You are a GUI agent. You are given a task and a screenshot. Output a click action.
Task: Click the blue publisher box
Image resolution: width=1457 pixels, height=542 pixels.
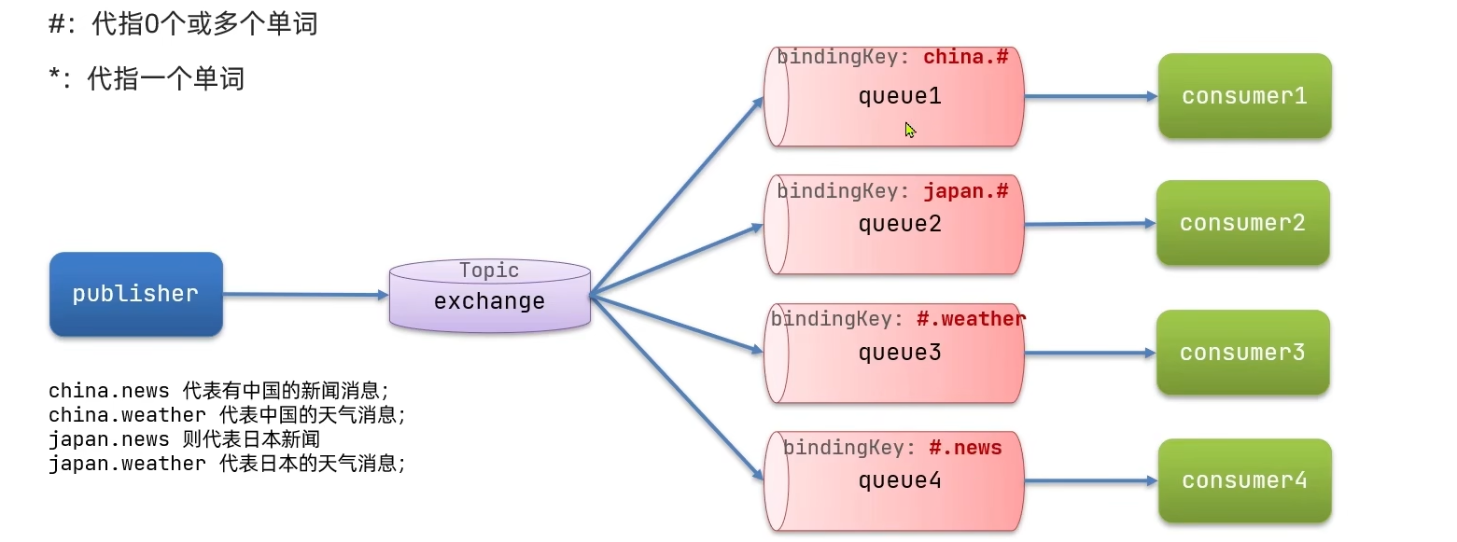pos(135,294)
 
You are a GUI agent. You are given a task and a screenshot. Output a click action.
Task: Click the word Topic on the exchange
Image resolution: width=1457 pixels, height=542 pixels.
pos(489,271)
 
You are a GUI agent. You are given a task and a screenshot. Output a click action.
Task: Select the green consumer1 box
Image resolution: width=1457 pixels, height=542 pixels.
pos(1244,96)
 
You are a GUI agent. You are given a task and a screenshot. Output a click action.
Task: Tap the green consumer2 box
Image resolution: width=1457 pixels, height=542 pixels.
pos(1242,223)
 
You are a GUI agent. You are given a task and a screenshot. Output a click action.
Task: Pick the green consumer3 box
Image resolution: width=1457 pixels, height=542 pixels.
pos(1242,353)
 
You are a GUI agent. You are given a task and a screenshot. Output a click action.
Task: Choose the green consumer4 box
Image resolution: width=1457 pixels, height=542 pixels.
pos(1244,480)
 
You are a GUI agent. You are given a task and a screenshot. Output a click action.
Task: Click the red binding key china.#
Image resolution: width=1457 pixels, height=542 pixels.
pos(966,57)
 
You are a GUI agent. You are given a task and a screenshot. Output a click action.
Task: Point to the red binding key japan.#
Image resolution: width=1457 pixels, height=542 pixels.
pos(966,191)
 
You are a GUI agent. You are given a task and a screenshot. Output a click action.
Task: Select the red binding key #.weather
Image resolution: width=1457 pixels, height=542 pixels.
pos(971,319)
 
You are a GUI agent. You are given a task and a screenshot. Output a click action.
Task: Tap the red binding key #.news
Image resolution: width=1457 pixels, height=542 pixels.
pos(965,448)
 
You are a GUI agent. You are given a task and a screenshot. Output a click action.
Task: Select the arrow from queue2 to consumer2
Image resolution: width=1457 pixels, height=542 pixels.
pos(1089,224)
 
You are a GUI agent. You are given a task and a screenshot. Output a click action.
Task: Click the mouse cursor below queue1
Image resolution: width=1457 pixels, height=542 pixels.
pos(910,131)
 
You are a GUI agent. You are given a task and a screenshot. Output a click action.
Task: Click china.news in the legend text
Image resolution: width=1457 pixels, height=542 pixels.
pos(109,390)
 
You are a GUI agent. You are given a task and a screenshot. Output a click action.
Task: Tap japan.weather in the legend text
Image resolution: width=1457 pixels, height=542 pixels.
pos(127,464)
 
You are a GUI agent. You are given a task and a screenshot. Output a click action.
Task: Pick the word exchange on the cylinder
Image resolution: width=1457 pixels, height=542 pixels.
pos(489,301)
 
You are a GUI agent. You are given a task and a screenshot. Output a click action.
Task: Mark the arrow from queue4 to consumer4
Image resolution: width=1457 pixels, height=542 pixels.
pos(1089,481)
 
